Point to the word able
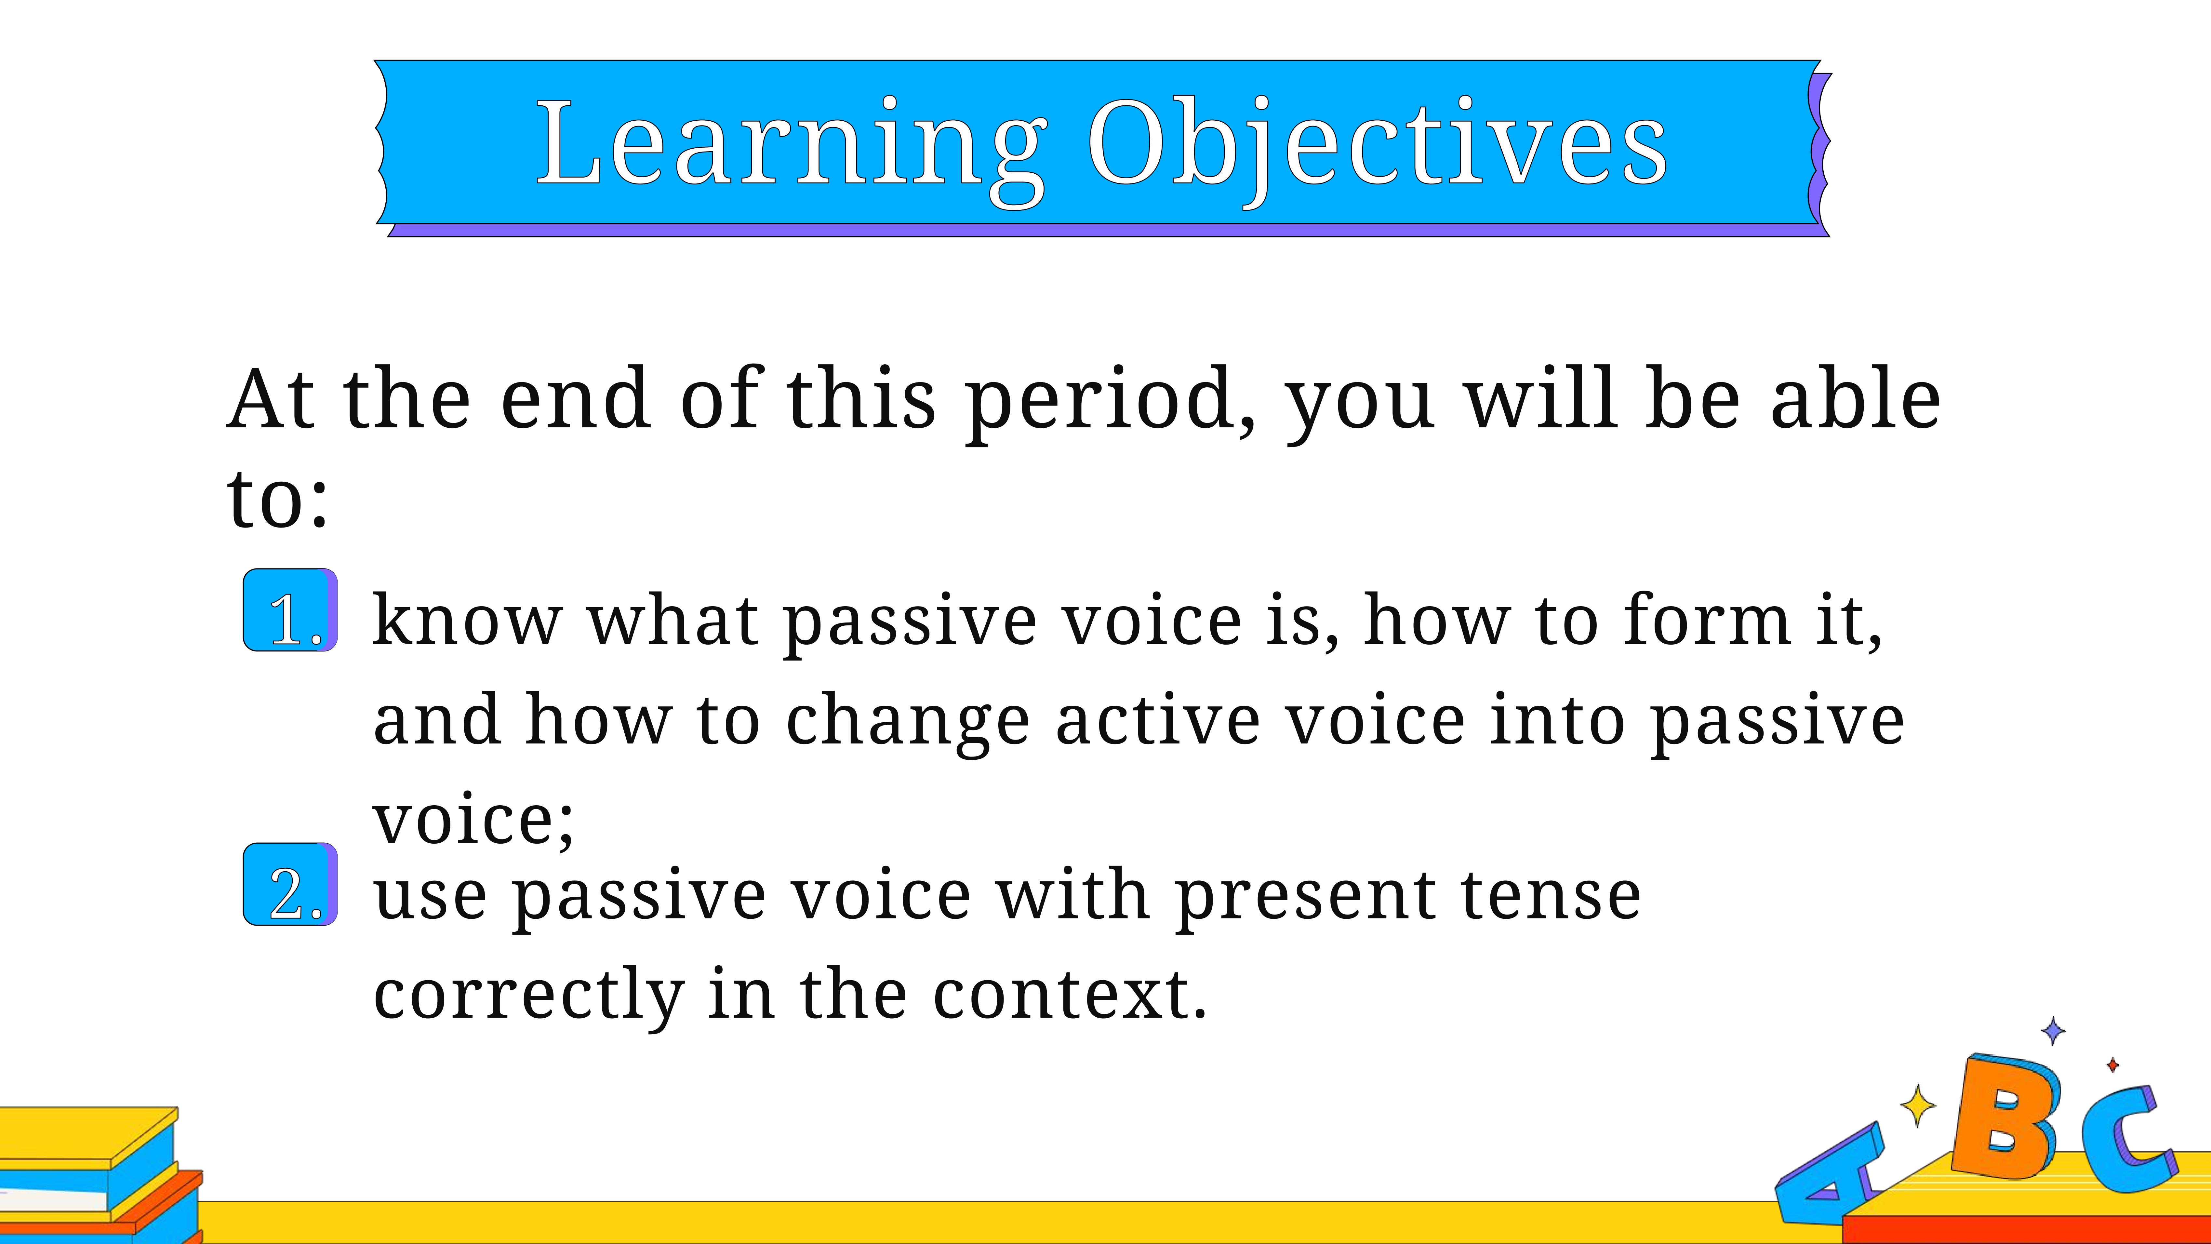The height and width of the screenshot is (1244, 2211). click(1856, 397)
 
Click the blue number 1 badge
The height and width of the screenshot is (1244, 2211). click(290, 609)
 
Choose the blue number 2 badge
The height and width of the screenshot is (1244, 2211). click(290, 884)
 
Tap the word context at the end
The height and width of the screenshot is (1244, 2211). click(1070, 996)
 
